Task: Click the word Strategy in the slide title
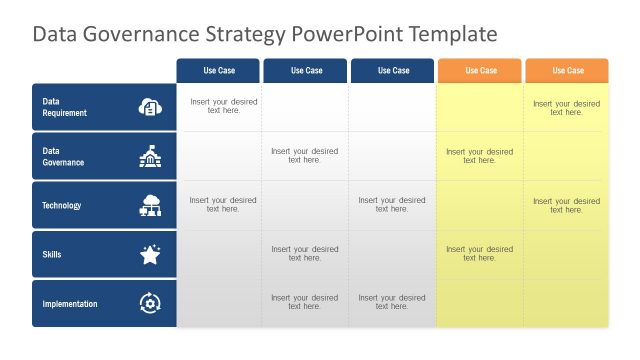pos(249,35)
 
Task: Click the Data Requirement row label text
pos(64,107)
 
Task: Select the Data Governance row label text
pos(62,156)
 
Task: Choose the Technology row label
pos(61,205)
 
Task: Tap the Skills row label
pos(51,254)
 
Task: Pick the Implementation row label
pos(69,303)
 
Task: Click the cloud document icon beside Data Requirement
pos(150,107)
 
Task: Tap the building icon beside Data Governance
pos(150,156)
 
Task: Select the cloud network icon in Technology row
pos(150,205)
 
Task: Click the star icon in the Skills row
pos(150,254)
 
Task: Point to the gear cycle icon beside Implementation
pos(150,303)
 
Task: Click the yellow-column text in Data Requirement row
pos(566,107)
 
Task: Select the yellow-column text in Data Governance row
pos(479,156)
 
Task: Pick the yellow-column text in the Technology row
pos(566,205)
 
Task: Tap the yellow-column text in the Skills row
pos(479,254)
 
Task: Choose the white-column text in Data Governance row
pos(305,156)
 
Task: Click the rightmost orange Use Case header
pos(567,70)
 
